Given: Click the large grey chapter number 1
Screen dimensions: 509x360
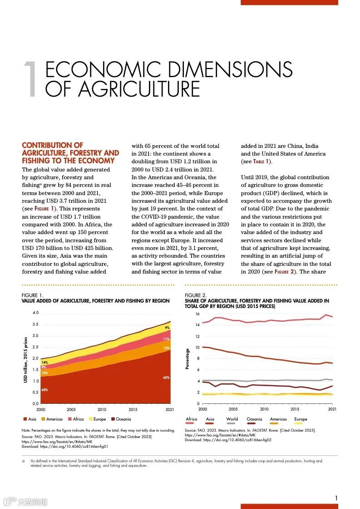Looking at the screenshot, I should [31, 80].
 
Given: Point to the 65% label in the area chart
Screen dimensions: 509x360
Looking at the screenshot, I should [167, 377].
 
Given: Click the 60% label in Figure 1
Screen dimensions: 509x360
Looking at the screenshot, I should [44, 390].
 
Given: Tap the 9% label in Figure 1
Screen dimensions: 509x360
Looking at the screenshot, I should [167, 328].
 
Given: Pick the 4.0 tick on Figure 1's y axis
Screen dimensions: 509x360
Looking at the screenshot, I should [35, 313].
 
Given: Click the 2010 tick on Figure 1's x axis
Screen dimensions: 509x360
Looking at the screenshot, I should [102, 409].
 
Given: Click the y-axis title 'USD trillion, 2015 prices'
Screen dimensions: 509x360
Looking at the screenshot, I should [26, 359].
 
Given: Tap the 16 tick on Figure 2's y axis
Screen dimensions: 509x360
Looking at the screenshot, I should [197, 314].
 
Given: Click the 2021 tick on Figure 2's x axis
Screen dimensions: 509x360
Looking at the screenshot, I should [332, 409].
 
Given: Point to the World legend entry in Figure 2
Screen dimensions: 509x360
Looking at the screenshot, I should [232, 419].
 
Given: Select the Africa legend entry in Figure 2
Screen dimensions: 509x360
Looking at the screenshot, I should [192, 419].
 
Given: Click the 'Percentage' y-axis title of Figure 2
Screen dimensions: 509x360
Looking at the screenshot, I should [187, 358].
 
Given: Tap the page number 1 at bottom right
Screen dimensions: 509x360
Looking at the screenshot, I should [336, 498].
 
